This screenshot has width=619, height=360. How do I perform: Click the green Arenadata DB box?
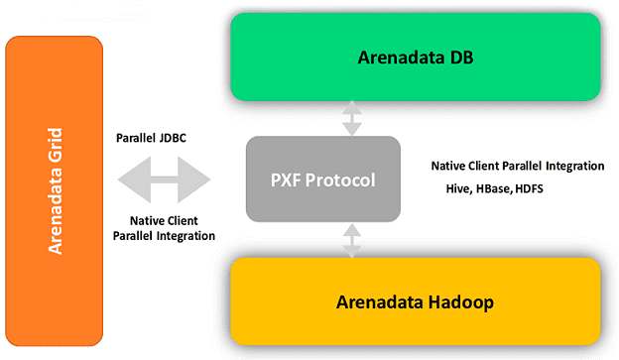415,58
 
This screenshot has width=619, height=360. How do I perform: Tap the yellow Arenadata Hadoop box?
415,300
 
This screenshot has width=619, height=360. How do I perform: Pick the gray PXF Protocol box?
323,180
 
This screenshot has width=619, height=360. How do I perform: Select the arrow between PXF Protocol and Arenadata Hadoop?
351,239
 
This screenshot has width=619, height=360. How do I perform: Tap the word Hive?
459,187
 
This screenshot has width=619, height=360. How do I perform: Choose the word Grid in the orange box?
55,147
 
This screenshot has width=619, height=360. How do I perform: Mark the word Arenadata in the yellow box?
379,300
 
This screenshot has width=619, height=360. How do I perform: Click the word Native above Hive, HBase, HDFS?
450,165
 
